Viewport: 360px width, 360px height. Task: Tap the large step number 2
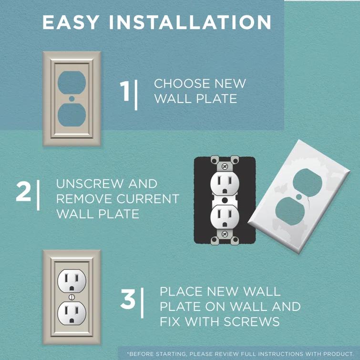point(23,191)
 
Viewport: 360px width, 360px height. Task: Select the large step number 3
point(129,299)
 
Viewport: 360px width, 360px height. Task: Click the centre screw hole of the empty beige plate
point(72,99)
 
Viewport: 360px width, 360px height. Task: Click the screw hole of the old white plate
point(298,196)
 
